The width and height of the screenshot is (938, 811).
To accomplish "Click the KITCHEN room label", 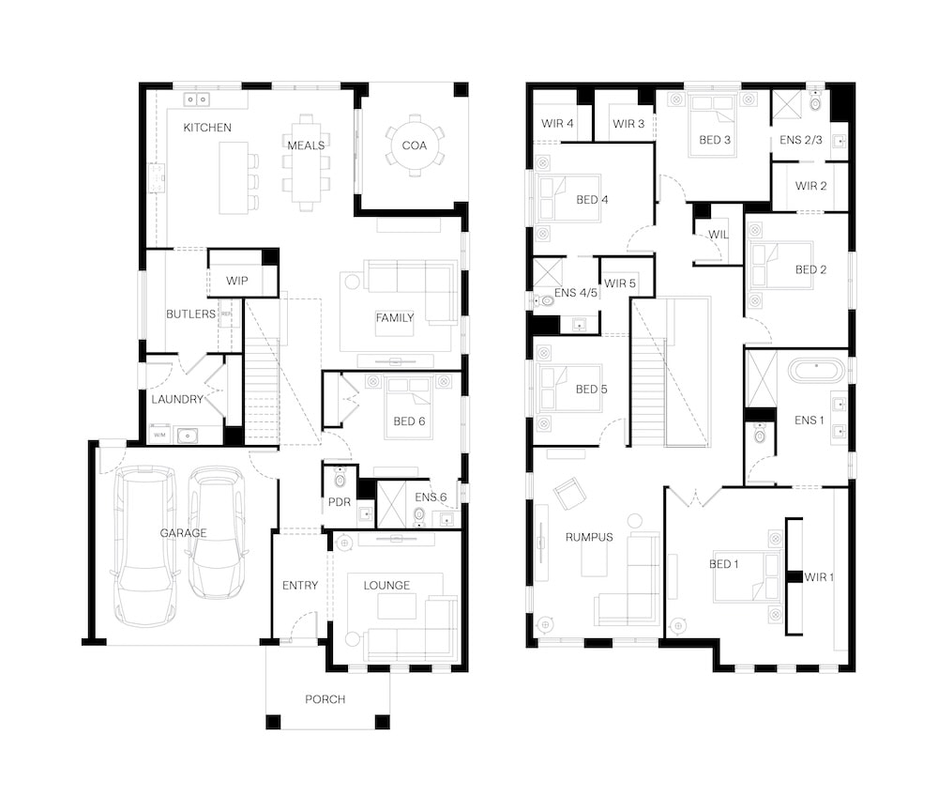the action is tap(207, 128).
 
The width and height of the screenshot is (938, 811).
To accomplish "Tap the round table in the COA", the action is tap(414, 145).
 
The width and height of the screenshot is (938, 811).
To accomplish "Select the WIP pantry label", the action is tap(237, 281).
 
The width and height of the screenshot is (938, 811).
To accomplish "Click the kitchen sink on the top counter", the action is tap(197, 99).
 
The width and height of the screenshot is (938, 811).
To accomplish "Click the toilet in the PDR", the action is tap(340, 478).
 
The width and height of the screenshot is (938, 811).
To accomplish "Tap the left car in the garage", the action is tap(145, 546).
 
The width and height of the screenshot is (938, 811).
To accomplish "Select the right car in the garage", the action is tap(217, 532).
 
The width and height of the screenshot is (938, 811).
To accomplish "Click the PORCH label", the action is tap(325, 699).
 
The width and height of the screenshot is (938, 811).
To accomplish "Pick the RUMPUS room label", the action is tap(589, 538).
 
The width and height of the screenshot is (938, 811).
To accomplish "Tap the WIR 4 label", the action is tap(557, 123).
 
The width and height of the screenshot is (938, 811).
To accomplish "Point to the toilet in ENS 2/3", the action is tap(815, 101).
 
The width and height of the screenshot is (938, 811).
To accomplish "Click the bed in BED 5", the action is tap(569, 389).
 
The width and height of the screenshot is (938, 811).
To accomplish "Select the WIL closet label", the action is tap(718, 235).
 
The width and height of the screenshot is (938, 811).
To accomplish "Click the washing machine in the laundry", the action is tap(159, 434).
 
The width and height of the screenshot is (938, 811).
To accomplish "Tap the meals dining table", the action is tap(307, 162).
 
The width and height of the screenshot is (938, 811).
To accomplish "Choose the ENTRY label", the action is tap(300, 586).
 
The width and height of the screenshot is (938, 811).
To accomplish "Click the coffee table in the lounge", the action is tap(397, 605).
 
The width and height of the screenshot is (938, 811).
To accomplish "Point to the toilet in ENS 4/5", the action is tap(543, 300).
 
